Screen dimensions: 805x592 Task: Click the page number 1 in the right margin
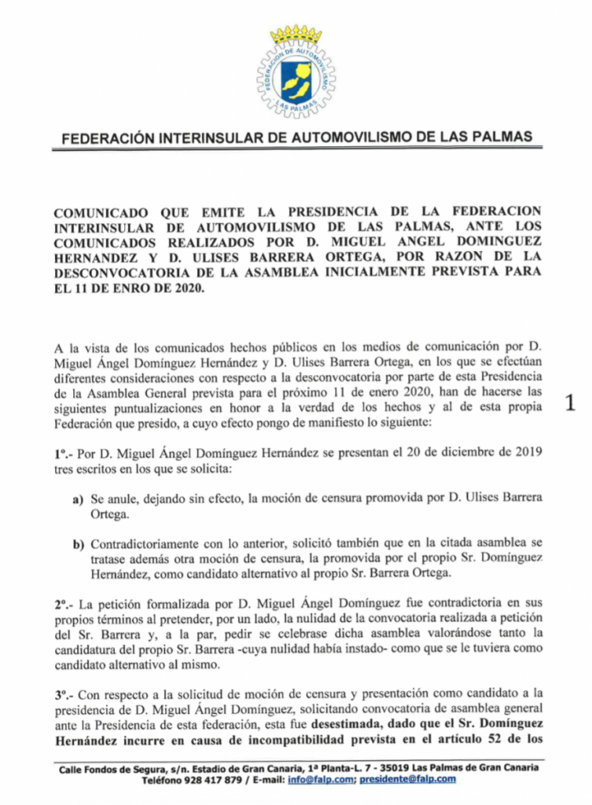(x=572, y=403)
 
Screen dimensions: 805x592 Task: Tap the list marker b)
(x=78, y=544)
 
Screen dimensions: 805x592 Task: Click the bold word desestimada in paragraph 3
(x=347, y=722)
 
